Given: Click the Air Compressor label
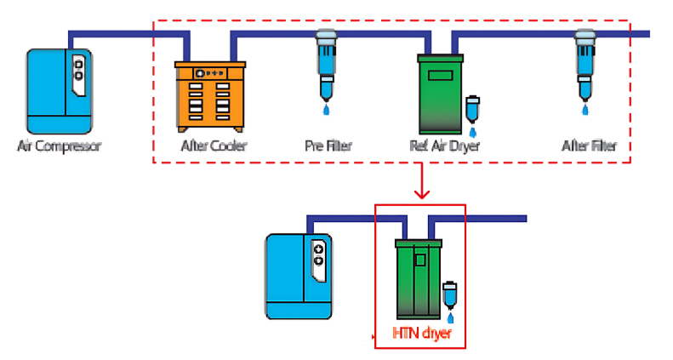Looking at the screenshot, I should click(x=60, y=146).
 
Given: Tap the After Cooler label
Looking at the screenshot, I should click(x=214, y=146).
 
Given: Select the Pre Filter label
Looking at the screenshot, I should click(x=328, y=146).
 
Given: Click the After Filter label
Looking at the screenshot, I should click(x=589, y=146).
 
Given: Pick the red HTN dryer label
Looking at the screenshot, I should click(x=422, y=334).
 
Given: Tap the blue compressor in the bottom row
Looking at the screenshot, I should click(x=298, y=276).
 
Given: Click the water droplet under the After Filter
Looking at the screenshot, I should click(x=585, y=110).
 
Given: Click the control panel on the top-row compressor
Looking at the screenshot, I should click(x=78, y=69).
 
